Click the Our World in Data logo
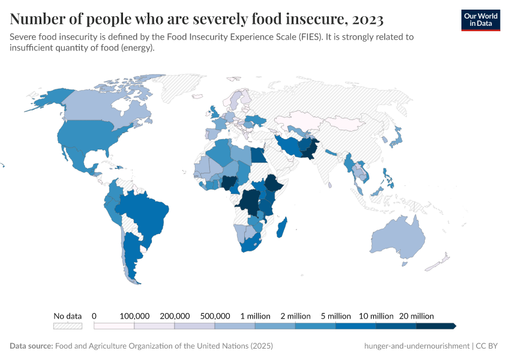[x=480, y=20]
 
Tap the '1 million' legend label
[x=255, y=316]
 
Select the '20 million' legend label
[x=416, y=316]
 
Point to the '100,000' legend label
[x=134, y=316]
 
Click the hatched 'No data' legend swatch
[x=67, y=326]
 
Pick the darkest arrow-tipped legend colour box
[x=436, y=326]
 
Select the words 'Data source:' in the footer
[x=31, y=346]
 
